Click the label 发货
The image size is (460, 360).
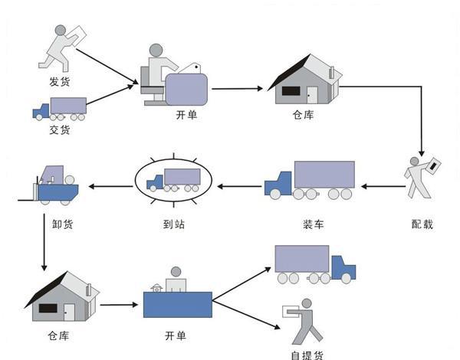(60, 81)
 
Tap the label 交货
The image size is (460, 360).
(60, 129)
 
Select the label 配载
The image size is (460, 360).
(422, 224)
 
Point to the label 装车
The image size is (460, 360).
(314, 224)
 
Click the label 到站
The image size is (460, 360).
(174, 224)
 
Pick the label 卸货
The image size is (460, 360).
(63, 224)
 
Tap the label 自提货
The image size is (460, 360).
(307, 355)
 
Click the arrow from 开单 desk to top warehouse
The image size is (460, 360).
(237, 88)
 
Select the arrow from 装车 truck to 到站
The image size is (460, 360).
(239, 186)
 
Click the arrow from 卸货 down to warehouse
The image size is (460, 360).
(44, 242)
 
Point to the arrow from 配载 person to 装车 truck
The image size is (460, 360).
(383, 186)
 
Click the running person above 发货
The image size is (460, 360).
(62, 48)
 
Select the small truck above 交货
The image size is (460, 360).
(60, 109)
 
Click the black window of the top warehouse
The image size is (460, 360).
(291, 91)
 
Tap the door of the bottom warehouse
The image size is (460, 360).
(69, 313)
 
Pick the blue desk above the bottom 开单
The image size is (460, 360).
(178, 305)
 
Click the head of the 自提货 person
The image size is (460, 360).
(307, 303)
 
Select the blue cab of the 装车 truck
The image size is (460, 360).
(278, 184)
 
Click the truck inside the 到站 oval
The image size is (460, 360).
(174, 180)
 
